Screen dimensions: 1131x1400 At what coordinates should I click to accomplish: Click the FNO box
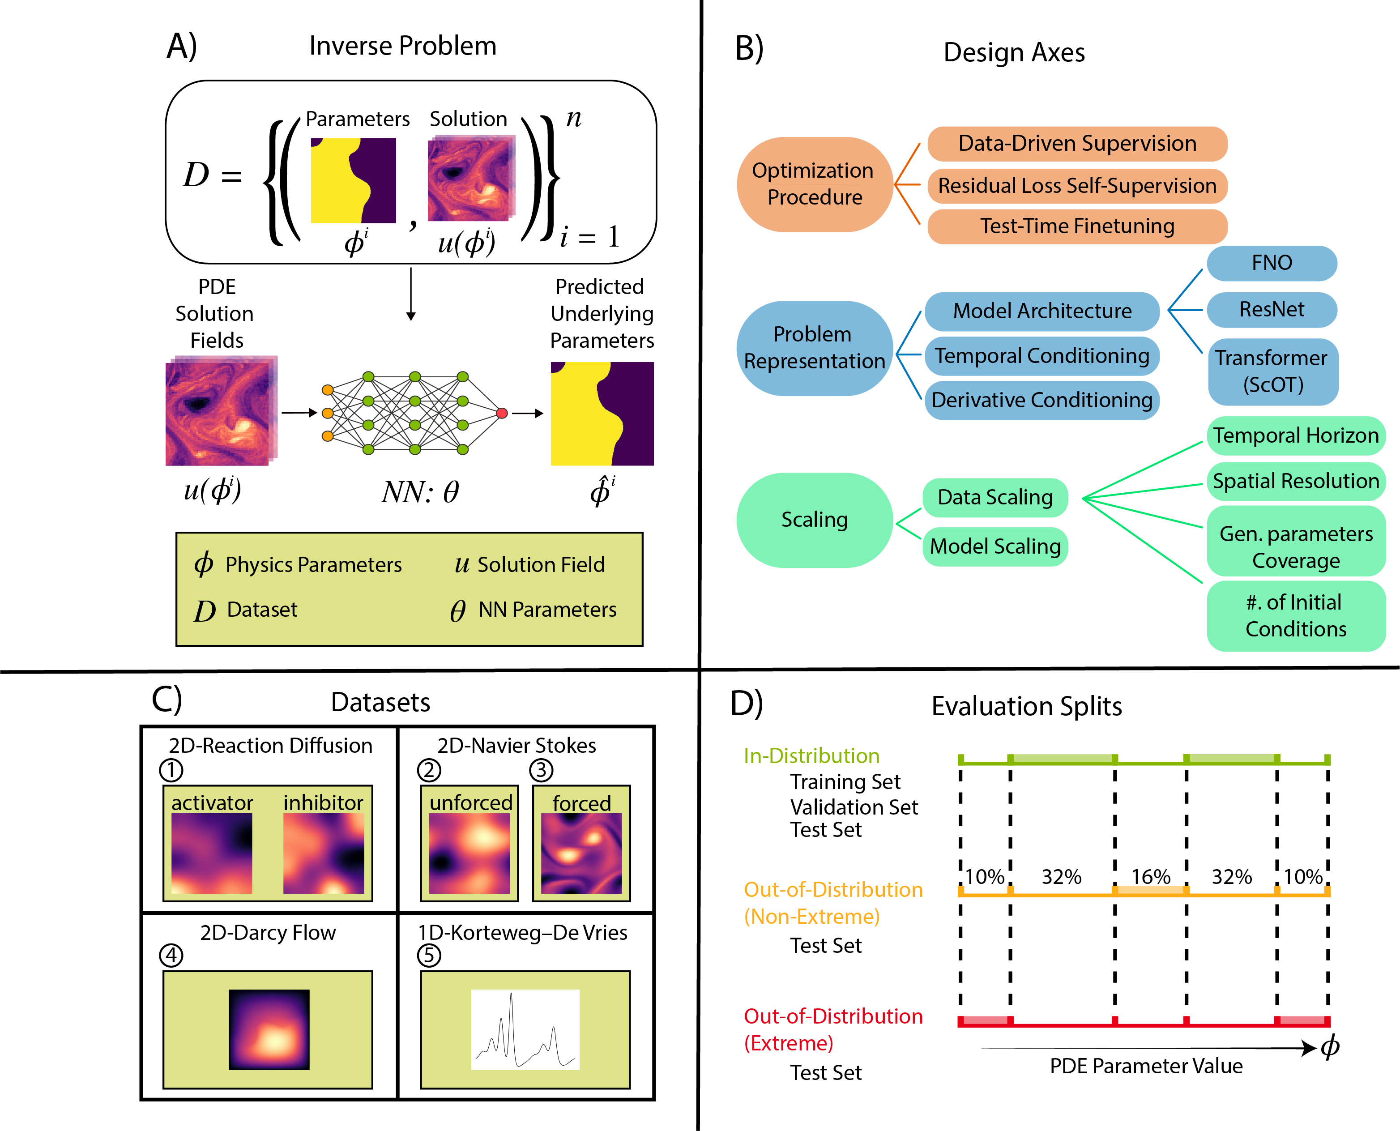coord(1271,263)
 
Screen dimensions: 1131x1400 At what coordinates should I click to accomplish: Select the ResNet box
coord(1271,309)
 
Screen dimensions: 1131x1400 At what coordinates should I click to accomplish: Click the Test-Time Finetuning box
coord(1077,226)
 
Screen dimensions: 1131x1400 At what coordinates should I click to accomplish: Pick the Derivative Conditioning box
coord(1041,399)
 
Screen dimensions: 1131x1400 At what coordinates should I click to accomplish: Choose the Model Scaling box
coord(995,546)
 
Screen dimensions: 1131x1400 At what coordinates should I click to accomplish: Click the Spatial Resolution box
coord(1295,481)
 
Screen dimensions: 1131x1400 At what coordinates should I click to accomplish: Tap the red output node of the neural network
coord(502,413)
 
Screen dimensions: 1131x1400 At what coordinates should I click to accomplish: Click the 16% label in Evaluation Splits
coord(1151,876)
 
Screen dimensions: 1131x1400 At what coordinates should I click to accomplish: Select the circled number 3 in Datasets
coord(541,770)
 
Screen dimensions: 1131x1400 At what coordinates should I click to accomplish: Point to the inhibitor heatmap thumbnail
coord(324,853)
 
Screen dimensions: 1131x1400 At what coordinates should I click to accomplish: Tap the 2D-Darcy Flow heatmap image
coord(269,1029)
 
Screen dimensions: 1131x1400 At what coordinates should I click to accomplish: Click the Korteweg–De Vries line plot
coord(525,1029)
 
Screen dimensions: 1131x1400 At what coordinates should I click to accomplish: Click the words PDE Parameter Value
coord(1146,1066)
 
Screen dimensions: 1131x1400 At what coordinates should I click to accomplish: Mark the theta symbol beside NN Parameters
coord(457,610)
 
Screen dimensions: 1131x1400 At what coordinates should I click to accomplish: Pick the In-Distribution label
coord(811,756)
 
